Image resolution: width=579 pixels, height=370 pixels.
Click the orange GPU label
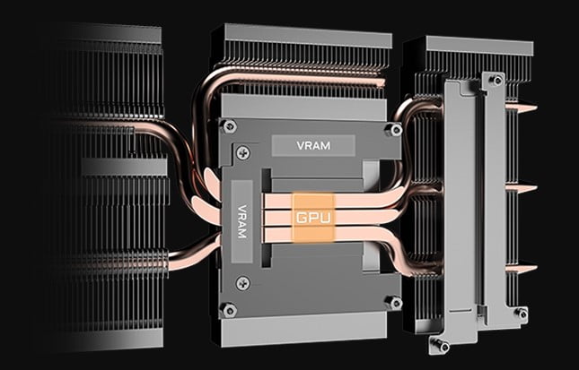(313, 218)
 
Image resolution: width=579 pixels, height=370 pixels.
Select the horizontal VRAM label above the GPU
(313, 145)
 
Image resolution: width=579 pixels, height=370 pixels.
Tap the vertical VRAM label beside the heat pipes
(241, 221)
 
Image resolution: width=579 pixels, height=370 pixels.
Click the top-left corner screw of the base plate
(229, 127)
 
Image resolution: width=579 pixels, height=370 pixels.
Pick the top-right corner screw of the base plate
(393, 130)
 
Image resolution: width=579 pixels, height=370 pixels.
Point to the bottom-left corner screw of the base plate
(228, 310)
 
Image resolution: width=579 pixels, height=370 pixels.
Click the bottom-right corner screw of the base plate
(393, 303)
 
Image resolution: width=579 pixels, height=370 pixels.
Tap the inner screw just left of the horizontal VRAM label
(243, 152)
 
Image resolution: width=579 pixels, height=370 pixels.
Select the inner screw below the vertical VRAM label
(242, 283)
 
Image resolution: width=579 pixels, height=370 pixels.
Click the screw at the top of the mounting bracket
(496, 80)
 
